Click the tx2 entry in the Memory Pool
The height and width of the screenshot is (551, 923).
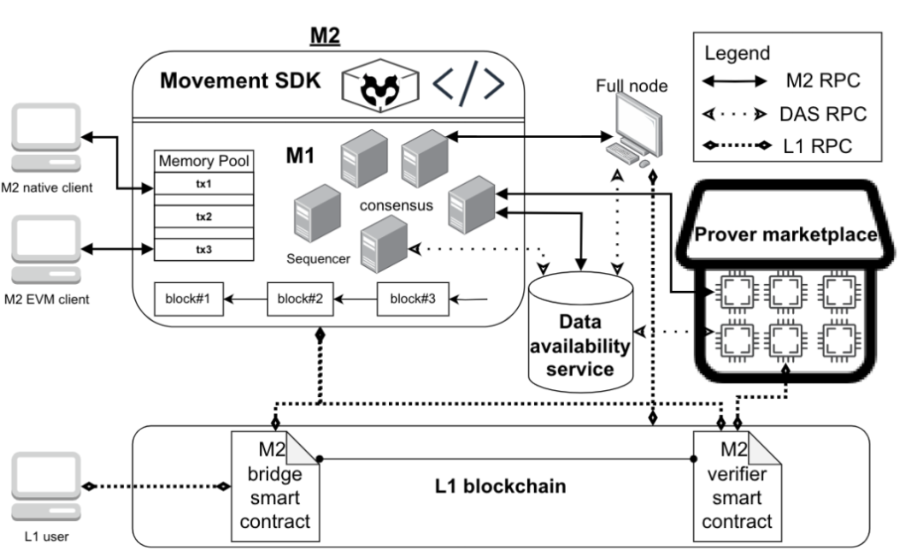tap(203, 216)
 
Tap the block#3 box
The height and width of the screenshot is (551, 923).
tap(412, 299)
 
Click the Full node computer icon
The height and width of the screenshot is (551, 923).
tap(632, 128)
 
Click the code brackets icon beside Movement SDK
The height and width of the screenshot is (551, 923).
tap(468, 83)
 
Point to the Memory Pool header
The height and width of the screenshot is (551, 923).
tap(203, 160)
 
